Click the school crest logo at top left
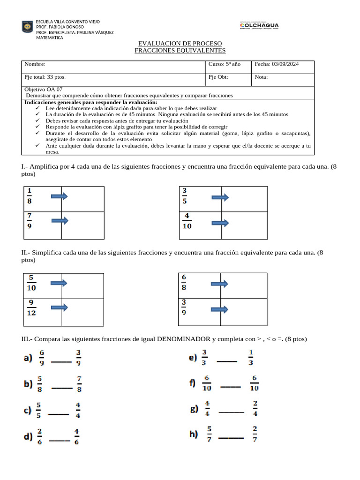click(x=28, y=27)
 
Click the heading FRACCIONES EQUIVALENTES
click(x=180, y=51)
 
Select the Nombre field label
click(x=35, y=64)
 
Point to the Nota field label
click(x=261, y=77)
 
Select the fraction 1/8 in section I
click(x=30, y=196)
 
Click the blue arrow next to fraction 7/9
click(x=60, y=220)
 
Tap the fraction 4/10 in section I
click(x=187, y=221)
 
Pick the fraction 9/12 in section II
click(x=31, y=308)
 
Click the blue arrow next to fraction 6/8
click(x=219, y=284)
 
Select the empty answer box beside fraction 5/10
click(x=82, y=285)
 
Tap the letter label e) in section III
click(x=193, y=358)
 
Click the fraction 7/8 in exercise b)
click(x=79, y=383)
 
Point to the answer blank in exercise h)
click(x=231, y=438)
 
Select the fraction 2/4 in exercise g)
click(x=255, y=408)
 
